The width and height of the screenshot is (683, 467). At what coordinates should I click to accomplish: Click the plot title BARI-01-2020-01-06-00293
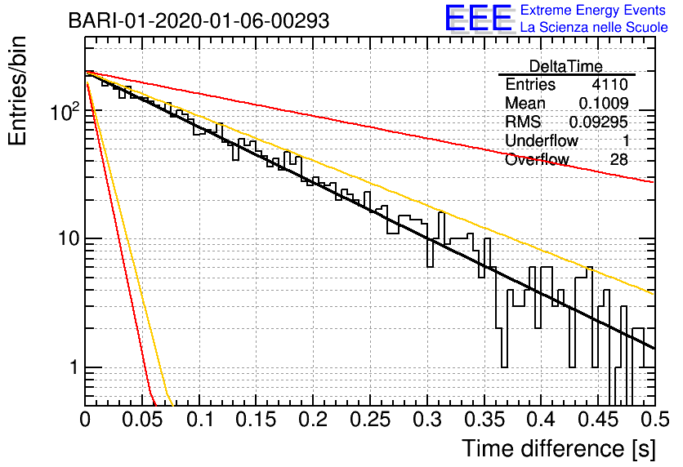199,20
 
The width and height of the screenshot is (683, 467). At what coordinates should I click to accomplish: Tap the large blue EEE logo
478,18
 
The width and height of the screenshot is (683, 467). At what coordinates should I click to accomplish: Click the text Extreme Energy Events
593,10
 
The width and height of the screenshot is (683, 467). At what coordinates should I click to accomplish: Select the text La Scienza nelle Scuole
594,27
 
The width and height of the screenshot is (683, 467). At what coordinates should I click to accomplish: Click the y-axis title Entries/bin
17,91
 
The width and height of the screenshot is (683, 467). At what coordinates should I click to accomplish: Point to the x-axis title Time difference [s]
559,448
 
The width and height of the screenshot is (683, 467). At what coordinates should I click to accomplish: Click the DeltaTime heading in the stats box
565,66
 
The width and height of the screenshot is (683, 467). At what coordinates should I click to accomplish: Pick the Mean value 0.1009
603,103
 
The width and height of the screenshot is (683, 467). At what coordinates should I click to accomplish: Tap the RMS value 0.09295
599,122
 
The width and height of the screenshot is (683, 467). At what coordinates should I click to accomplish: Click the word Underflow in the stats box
541,140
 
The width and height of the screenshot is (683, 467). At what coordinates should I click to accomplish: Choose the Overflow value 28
618,160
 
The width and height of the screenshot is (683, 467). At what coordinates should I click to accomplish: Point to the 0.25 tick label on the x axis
370,420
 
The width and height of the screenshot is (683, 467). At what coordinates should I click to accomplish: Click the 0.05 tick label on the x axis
142,420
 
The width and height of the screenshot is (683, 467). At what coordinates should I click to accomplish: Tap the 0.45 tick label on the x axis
599,420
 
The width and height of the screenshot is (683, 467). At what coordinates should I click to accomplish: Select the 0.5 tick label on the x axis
655,420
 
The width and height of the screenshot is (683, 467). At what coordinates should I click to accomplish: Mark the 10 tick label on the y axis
69,238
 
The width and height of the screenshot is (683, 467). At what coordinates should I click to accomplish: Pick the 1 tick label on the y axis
74,367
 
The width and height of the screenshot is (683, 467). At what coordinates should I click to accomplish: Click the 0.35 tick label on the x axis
484,420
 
